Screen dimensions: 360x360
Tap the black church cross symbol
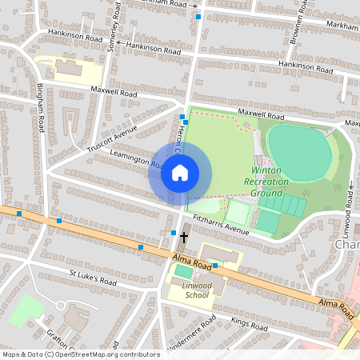click(x=184, y=237)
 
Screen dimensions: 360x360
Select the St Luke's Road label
click(x=93, y=278)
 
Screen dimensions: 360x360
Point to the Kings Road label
click(x=249, y=326)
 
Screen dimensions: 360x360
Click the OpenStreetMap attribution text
click(x=80, y=354)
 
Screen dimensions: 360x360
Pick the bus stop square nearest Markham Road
click(x=198, y=15)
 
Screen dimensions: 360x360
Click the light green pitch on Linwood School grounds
click(x=184, y=272)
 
